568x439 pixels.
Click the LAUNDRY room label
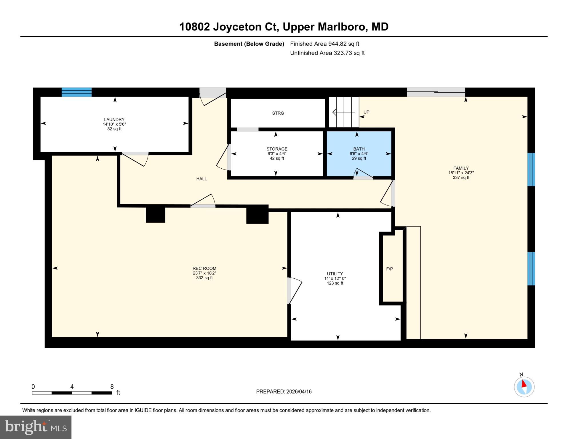pyautogui.click(x=114, y=119)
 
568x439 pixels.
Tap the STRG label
pyautogui.click(x=278, y=113)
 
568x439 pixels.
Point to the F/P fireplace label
pyautogui.click(x=390, y=269)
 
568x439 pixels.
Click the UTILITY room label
pyautogui.click(x=335, y=274)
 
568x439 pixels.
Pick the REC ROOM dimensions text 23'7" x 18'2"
pyautogui.click(x=204, y=273)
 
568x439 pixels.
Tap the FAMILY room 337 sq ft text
pyautogui.click(x=461, y=177)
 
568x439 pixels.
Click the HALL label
pyautogui.click(x=201, y=179)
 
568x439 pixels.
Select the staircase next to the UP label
pyautogui.click(x=344, y=112)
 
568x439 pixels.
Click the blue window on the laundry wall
pyautogui.click(x=77, y=92)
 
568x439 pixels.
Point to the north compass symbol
pyautogui.click(x=524, y=386)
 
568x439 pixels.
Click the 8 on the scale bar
pyautogui.click(x=112, y=387)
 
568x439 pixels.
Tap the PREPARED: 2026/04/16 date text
pyautogui.click(x=284, y=392)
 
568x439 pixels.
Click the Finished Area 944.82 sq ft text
pyautogui.click(x=324, y=44)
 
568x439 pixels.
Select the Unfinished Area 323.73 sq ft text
pyautogui.click(x=327, y=53)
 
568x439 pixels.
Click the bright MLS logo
pyautogui.click(x=36, y=427)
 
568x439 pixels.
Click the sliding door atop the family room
pyautogui.click(x=436, y=92)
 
